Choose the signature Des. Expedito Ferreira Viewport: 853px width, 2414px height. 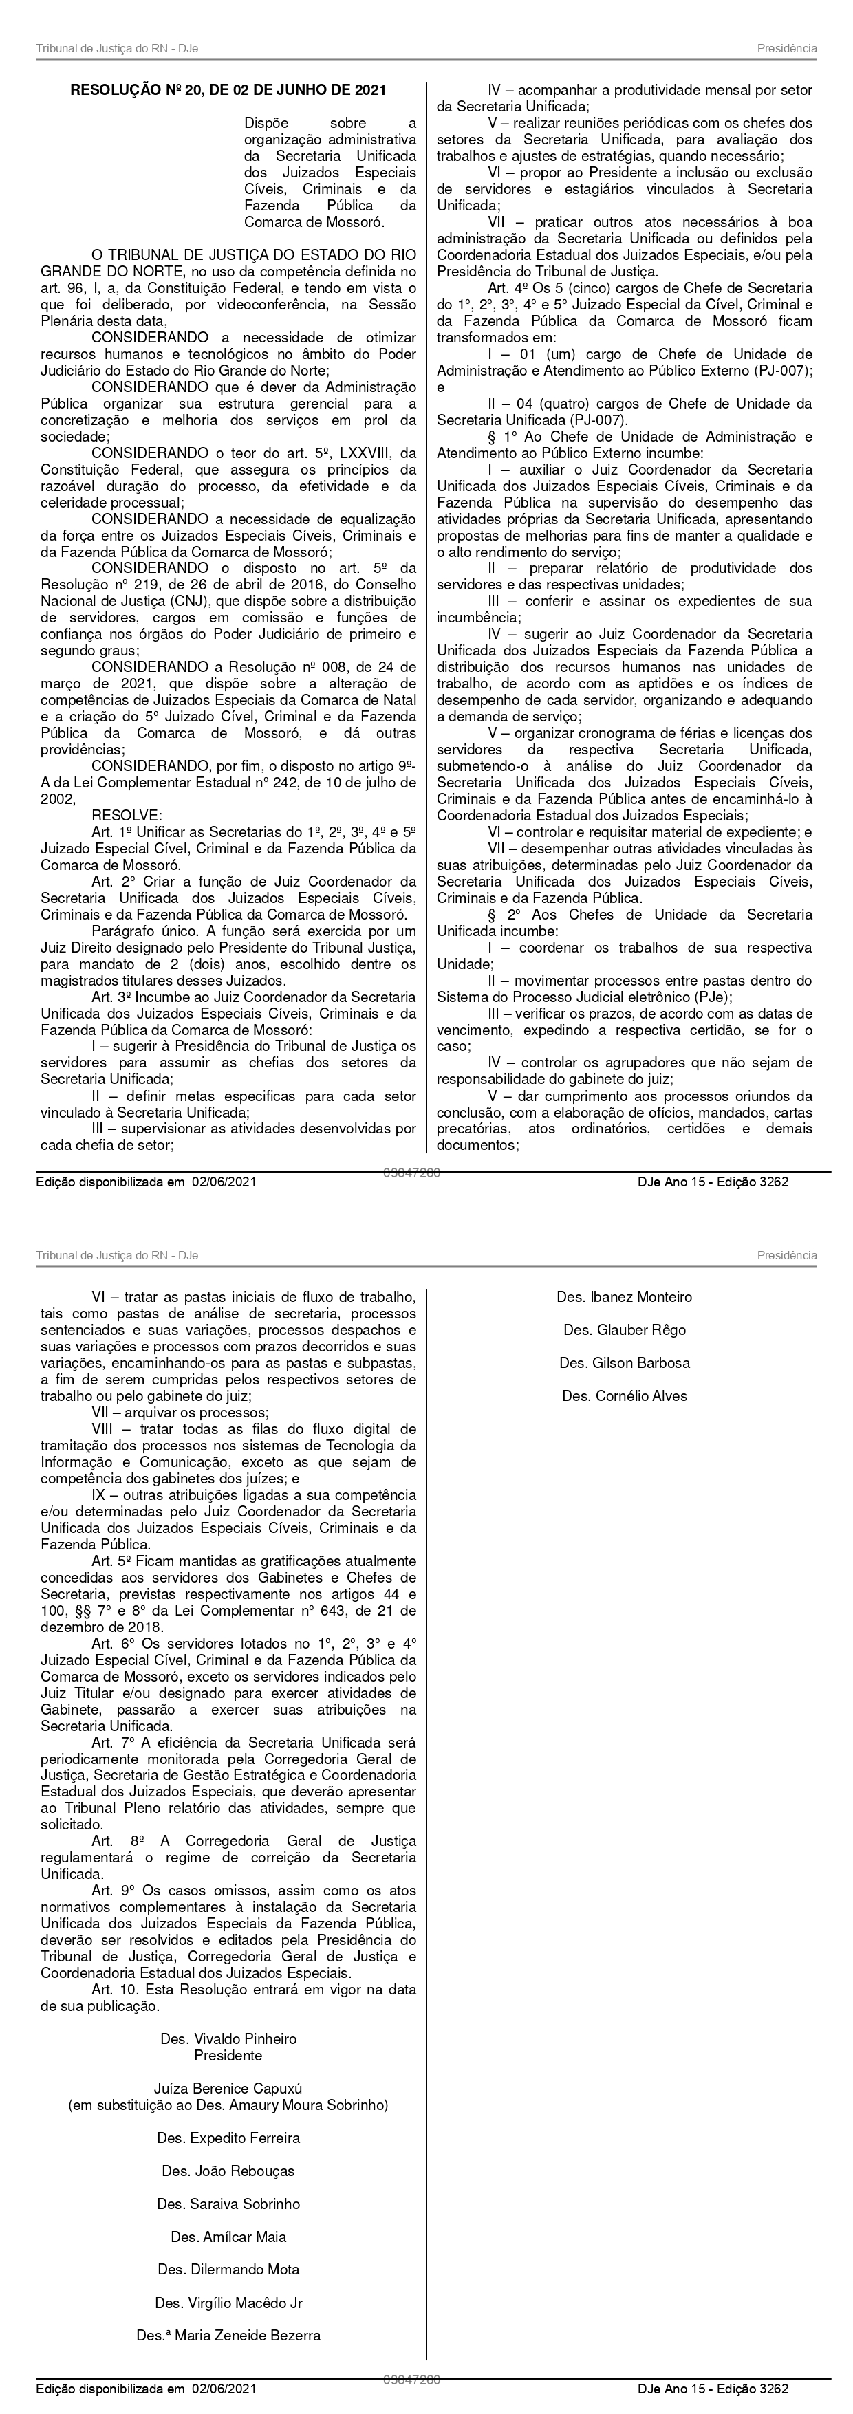[x=228, y=2138]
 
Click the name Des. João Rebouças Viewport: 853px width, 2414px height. [x=228, y=2171]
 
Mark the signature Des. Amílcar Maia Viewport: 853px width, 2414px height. [x=228, y=2237]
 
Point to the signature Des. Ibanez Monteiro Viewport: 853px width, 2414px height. [x=625, y=1297]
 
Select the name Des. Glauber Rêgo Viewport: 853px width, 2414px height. [x=625, y=1329]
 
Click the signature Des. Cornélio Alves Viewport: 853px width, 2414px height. [x=625, y=1395]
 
